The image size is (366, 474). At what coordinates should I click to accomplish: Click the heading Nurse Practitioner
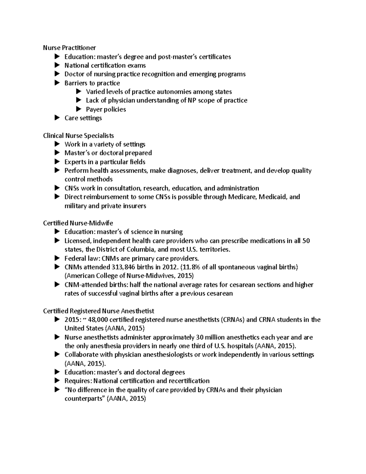pyautogui.click(x=69, y=48)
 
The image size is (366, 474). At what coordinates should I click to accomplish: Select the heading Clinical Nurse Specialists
pyautogui.click(x=78, y=136)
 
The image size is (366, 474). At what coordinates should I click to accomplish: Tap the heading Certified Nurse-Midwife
pyautogui.click(x=78, y=223)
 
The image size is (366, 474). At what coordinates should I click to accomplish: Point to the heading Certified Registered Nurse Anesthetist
pyautogui.click(x=99, y=311)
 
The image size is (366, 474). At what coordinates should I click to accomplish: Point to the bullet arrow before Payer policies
pyautogui.click(x=79, y=109)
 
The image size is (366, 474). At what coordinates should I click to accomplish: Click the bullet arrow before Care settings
pyautogui.click(x=57, y=118)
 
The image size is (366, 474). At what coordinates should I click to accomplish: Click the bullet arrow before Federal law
pyautogui.click(x=57, y=258)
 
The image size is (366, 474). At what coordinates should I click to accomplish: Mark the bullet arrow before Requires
pyautogui.click(x=57, y=381)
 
